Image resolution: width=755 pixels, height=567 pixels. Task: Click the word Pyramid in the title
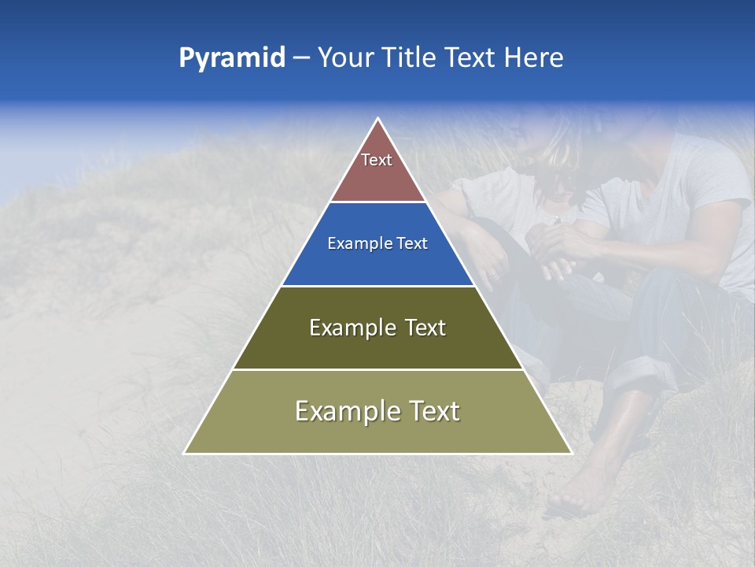click(x=232, y=58)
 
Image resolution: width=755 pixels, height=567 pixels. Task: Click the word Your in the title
click(x=344, y=58)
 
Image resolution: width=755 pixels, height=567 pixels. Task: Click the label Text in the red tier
click(x=377, y=160)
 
